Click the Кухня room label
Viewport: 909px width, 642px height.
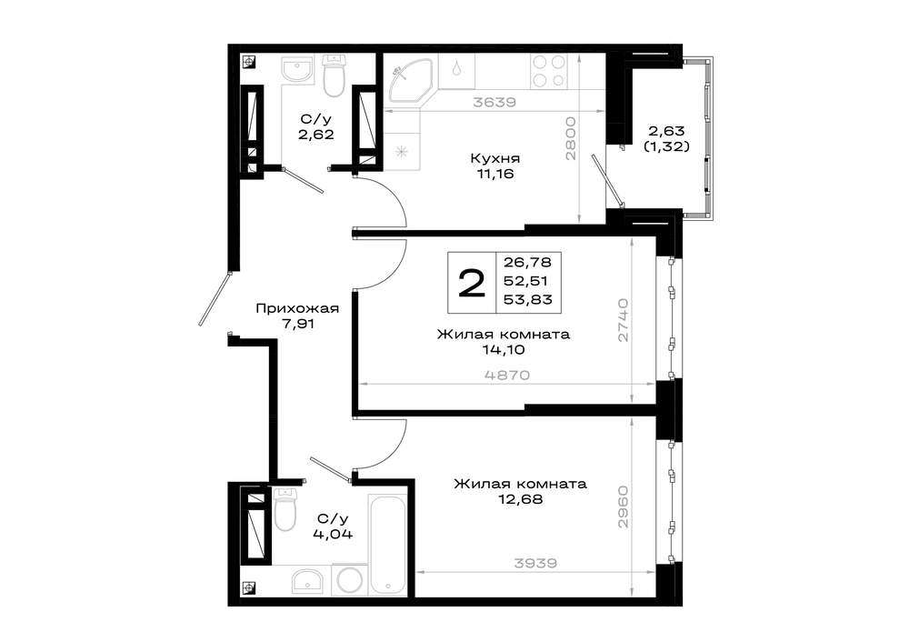494,158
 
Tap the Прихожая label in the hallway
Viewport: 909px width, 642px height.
297,308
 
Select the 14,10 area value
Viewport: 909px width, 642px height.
504,350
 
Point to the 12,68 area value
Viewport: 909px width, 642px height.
521,498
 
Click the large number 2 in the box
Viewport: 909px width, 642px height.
471,285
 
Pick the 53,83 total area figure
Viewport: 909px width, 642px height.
527,299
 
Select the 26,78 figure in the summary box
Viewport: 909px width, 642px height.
527,262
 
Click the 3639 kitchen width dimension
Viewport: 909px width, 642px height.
494,102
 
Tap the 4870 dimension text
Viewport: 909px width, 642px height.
508,375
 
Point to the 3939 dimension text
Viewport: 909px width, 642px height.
535,563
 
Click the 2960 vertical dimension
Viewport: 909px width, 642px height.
623,507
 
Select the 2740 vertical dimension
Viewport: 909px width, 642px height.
623,320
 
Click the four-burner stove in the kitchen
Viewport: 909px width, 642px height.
548,71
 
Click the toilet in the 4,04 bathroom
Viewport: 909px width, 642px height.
285,509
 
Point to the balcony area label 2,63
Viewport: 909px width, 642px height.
666,130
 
